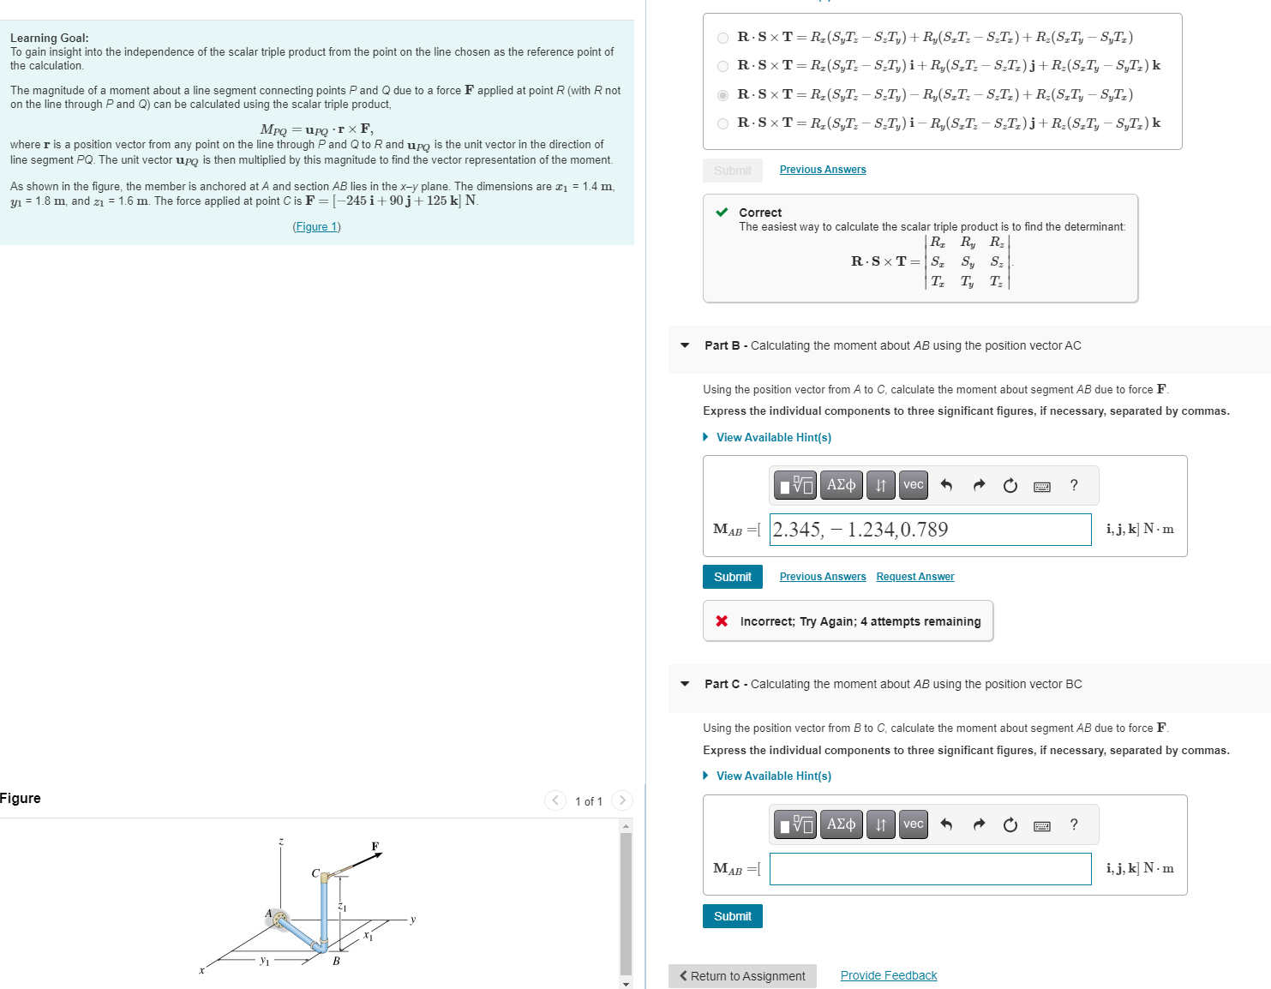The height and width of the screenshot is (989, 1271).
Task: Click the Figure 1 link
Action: [316, 227]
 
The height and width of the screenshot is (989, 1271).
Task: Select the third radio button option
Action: [722, 95]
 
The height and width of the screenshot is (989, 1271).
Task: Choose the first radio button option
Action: [722, 38]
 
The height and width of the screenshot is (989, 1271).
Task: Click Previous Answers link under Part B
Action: [822, 577]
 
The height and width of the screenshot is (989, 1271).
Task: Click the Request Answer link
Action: [914, 577]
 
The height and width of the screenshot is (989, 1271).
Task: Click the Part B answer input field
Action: [930, 530]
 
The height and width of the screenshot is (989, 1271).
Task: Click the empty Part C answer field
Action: [930, 869]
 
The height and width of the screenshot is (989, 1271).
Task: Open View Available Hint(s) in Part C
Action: [773, 776]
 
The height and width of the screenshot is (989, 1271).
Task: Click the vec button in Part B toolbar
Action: [913, 485]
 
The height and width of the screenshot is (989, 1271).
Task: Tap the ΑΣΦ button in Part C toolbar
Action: [840, 824]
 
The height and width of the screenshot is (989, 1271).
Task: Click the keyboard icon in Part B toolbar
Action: [1041, 486]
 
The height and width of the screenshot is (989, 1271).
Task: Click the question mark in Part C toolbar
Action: [1073, 824]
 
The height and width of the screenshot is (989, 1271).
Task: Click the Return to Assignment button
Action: [742, 976]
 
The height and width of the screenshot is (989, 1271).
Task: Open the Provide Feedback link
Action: [888, 976]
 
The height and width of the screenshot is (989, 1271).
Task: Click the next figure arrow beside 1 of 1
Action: [622, 800]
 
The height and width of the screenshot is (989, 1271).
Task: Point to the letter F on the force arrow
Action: [375, 847]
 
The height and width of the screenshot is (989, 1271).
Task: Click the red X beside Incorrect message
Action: [722, 621]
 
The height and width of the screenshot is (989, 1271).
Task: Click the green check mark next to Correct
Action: [722, 213]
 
